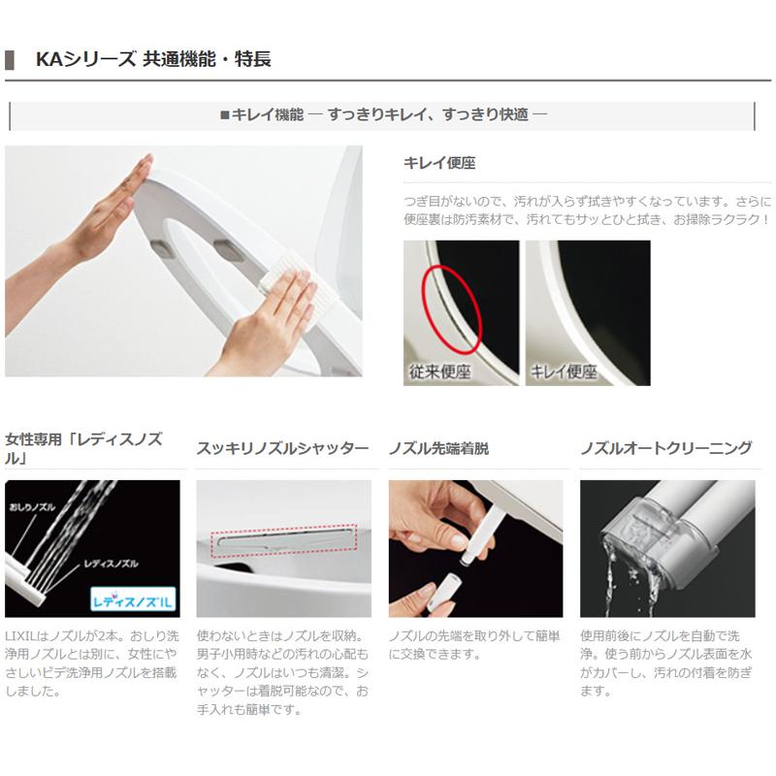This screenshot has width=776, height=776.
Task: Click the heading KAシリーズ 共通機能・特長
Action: click(152, 59)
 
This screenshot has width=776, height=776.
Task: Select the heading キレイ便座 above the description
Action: click(439, 163)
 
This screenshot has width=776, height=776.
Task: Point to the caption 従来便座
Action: click(438, 372)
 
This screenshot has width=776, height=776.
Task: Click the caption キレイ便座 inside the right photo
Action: click(564, 372)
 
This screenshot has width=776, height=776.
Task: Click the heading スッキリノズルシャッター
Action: click(282, 448)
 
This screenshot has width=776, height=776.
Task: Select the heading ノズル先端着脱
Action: click(438, 448)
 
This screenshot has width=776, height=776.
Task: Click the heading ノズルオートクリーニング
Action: click(665, 448)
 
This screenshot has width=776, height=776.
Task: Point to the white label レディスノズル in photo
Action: click(112, 563)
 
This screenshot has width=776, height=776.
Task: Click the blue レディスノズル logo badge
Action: click(131, 598)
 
